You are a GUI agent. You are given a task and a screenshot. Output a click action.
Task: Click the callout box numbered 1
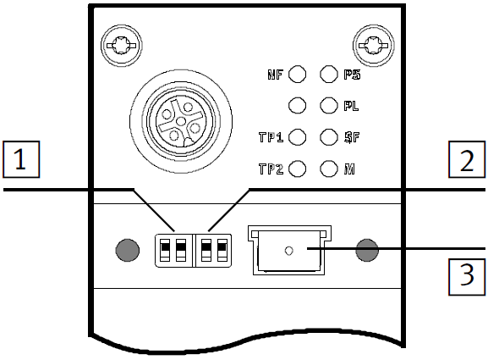point(21,159)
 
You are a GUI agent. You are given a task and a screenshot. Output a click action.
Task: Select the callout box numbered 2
point(467,159)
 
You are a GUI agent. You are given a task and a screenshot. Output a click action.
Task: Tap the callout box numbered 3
point(467,277)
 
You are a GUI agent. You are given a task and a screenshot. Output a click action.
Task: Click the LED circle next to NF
point(297,75)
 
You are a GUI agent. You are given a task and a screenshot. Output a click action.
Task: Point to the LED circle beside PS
point(329,75)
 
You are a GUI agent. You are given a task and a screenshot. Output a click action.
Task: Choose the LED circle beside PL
point(329,105)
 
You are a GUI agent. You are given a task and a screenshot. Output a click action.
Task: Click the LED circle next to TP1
point(297,137)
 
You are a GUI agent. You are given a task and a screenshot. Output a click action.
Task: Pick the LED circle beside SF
point(329,137)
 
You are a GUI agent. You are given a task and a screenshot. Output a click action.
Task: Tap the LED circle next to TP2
point(297,169)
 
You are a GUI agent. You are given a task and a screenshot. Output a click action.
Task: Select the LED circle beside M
point(329,169)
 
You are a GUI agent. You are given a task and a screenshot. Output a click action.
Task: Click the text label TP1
point(271,137)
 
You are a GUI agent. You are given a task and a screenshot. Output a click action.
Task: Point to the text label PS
point(352,75)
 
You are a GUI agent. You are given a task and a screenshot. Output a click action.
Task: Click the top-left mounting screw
point(121,46)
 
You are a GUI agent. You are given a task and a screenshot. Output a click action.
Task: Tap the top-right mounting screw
point(373,46)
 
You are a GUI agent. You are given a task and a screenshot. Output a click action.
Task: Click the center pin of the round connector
point(180,121)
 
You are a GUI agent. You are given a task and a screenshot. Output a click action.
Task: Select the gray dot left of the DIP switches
point(128,250)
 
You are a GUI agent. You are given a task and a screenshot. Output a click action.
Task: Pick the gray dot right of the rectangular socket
point(367,250)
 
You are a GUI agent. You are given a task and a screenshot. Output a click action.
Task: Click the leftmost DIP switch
point(165,250)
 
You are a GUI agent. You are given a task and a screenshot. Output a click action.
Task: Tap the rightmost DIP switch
point(222,250)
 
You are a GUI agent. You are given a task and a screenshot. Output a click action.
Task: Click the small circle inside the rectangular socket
point(288,250)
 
